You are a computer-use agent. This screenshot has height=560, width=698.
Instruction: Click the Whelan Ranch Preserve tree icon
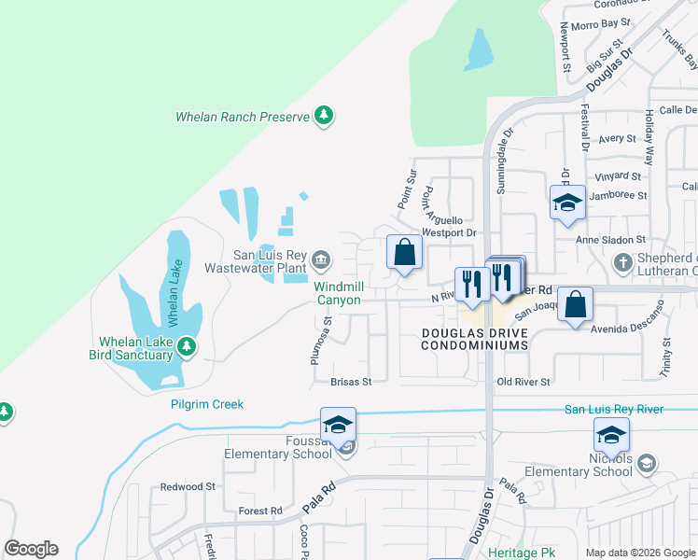tap(324, 116)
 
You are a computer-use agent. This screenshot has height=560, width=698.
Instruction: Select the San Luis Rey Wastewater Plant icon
tap(320, 259)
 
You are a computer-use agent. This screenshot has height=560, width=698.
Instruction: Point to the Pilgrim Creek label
tap(207, 404)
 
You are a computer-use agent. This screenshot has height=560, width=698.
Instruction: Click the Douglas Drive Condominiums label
tap(474, 339)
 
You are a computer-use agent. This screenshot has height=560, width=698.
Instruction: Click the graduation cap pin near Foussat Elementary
tap(338, 425)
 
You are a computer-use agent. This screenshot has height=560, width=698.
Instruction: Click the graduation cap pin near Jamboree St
tap(566, 203)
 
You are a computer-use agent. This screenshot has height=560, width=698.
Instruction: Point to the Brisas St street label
tap(351, 382)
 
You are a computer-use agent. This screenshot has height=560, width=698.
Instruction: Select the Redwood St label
tap(188, 486)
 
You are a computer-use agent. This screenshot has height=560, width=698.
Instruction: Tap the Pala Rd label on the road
tap(318, 499)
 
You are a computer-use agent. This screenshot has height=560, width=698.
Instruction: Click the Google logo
tap(31, 549)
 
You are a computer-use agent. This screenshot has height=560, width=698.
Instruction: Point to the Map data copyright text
tap(639, 553)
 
